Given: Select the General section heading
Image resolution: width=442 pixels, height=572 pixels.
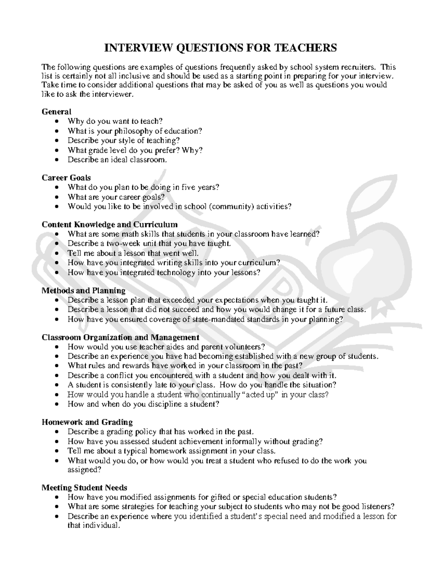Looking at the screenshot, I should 56,112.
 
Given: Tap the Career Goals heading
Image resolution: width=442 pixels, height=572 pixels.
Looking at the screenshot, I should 66,178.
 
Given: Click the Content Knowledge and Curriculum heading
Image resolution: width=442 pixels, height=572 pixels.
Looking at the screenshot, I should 109,225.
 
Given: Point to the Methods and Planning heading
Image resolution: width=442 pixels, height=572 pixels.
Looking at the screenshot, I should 83,291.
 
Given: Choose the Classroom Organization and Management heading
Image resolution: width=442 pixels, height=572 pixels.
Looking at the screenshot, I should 120,337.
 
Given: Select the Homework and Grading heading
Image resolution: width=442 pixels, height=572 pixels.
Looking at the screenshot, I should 87,422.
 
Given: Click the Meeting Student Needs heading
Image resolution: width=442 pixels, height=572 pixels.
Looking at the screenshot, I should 84,488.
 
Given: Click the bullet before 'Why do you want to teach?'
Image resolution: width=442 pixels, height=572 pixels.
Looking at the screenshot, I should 56,122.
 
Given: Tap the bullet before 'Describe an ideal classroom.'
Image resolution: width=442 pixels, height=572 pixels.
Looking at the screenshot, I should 56,160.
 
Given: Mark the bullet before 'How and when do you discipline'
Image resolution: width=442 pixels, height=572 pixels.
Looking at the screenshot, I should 56,404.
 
